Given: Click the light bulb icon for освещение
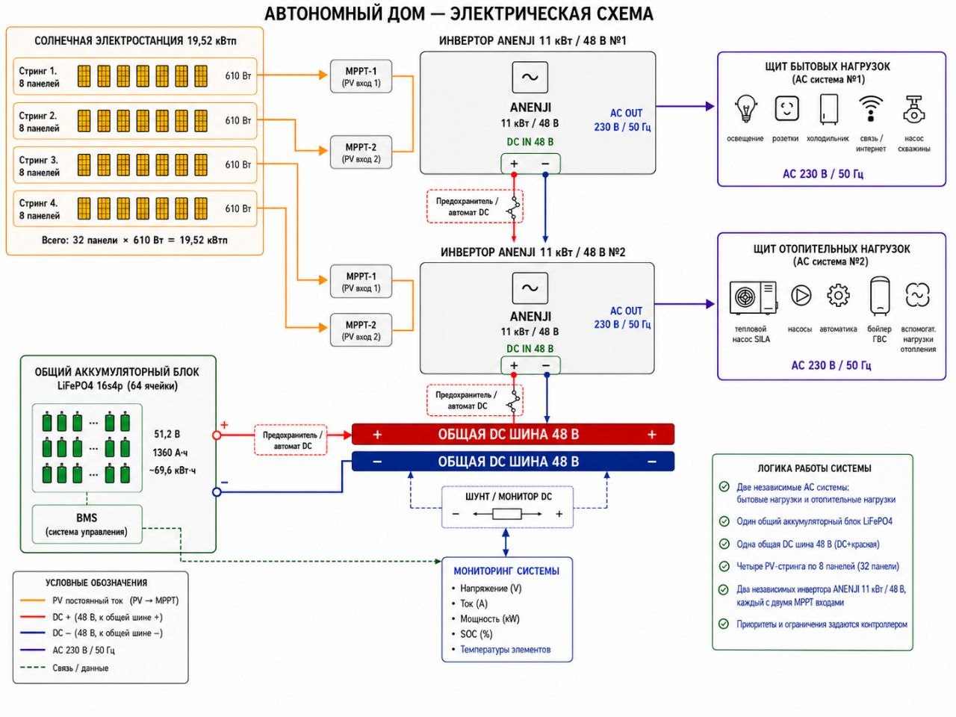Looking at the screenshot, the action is [745, 108].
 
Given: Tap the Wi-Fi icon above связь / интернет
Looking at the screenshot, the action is [871, 108].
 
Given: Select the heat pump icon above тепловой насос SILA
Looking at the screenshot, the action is [753, 298].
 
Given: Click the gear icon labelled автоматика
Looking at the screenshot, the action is [838, 296].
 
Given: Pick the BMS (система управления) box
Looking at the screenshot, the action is [87, 524].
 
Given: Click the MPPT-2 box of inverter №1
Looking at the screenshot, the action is [361, 152].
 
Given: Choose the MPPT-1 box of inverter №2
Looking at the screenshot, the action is [361, 282].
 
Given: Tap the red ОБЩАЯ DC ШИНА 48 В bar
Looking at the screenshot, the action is [513, 434].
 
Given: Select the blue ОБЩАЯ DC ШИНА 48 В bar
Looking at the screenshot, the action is [513, 462].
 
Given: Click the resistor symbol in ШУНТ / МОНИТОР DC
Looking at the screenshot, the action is [507, 514].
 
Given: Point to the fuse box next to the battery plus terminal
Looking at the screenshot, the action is [291, 440].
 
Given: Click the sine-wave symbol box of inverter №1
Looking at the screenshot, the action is [530, 78].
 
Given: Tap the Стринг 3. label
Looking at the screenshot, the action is [38, 160].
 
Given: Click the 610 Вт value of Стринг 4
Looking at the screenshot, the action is [238, 208].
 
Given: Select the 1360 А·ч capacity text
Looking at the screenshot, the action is [170, 453].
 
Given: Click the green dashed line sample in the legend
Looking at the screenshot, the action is [33, 668].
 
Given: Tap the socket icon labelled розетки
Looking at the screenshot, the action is [786, 108].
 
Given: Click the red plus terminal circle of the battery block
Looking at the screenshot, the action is [217, 435].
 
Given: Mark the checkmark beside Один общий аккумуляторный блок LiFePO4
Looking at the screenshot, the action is [724, 521].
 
